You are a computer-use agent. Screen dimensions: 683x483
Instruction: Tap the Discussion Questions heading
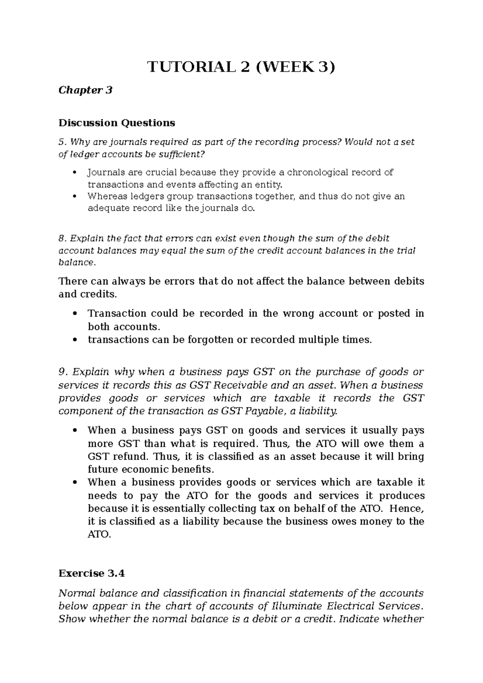pyautogui.click(x=117, y=122)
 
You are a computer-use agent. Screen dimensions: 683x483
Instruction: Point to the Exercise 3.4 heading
pyautogui.click(x=91, y=573)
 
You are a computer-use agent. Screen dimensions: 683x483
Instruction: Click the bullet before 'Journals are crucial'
pyautogui.click(x=74, y=173)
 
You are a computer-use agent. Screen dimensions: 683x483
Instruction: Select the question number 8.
pyautogui.click(x=61, y=239)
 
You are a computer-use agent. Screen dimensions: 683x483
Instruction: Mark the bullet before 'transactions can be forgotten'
pyautogui.click(x=74, y=340)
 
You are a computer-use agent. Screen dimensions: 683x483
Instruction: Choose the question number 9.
pyautogui.click(x=61, y=372)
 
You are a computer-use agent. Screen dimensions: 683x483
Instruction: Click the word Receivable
pyautogui.click(x=240, y=385)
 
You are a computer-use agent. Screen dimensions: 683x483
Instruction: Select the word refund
pyautogui.click(x=132, y=457)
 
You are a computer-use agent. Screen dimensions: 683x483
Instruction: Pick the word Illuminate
pyautogui.click(x=297, y=606)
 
